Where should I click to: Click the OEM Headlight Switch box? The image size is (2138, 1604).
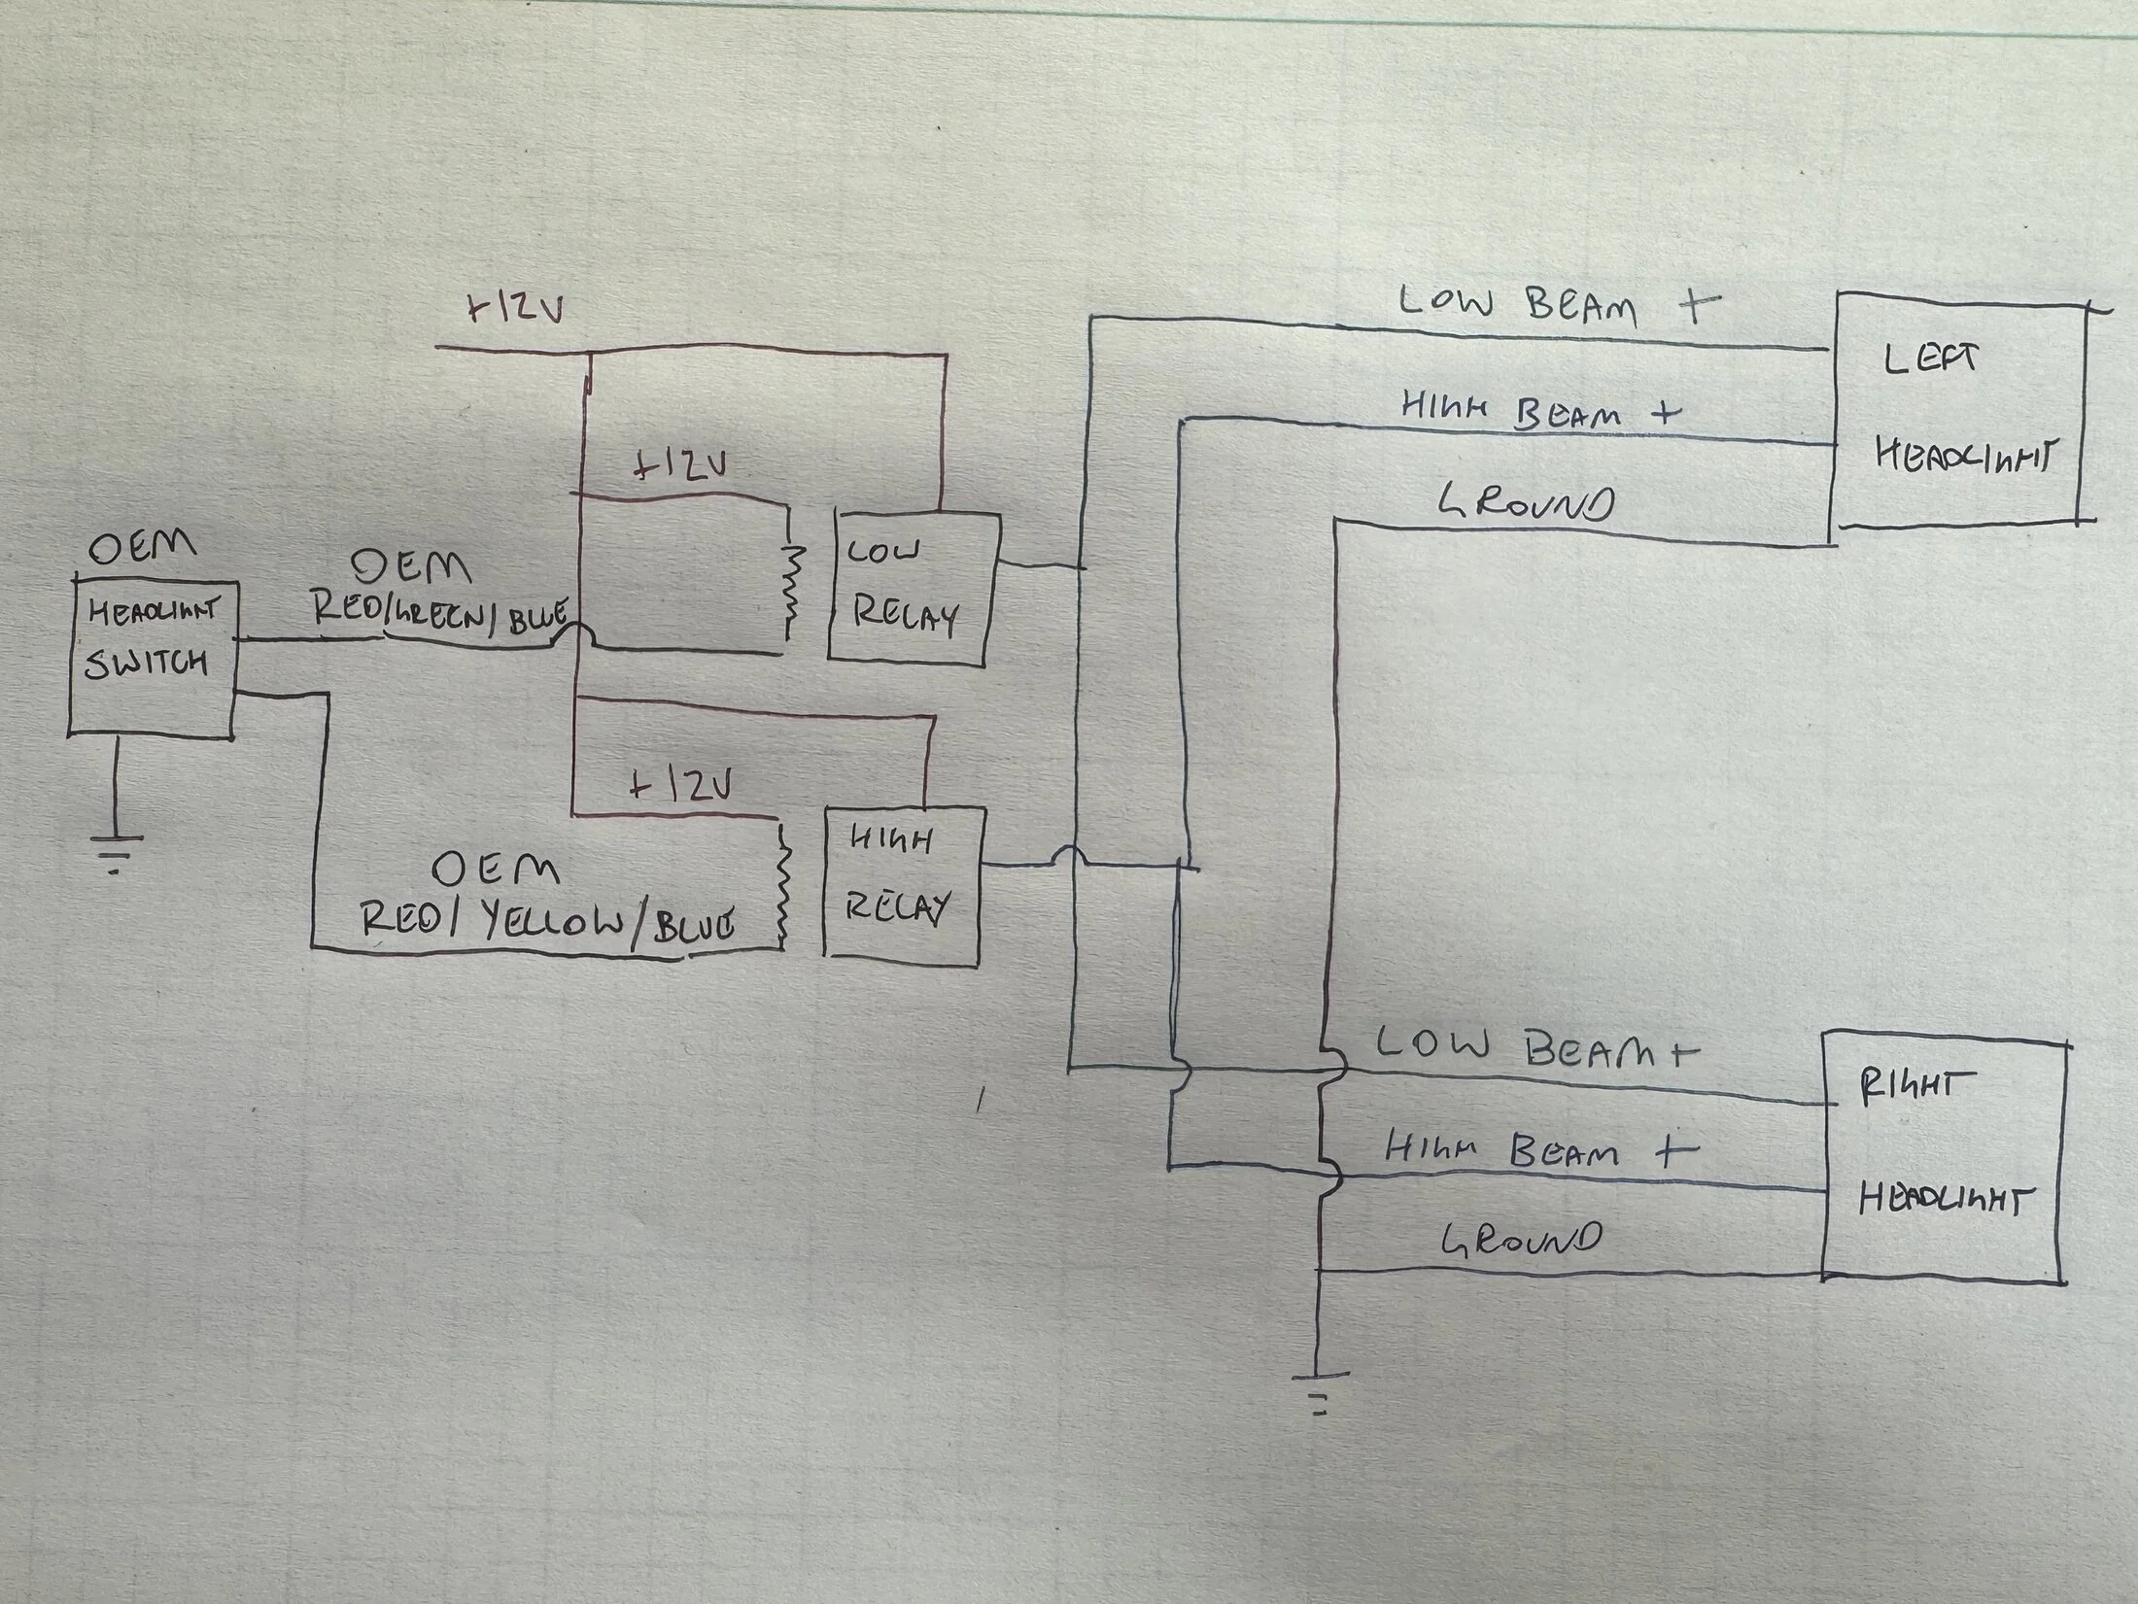(152, 657)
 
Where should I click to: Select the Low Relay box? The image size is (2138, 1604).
(912, 589)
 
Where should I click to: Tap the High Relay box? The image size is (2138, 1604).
(902, 882)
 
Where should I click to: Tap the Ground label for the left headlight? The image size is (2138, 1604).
(1526, 503)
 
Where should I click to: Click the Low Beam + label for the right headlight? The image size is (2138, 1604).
(1535, 1049)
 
